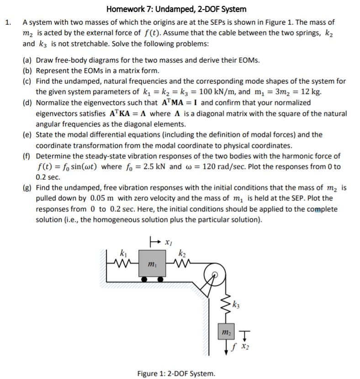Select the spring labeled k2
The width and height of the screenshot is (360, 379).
point(182,263)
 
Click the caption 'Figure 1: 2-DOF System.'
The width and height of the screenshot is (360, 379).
point(176,374)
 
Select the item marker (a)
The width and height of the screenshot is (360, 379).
point(28,60)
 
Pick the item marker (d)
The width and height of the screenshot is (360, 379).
point(28,103)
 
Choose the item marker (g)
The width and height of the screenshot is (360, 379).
point(28,188)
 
